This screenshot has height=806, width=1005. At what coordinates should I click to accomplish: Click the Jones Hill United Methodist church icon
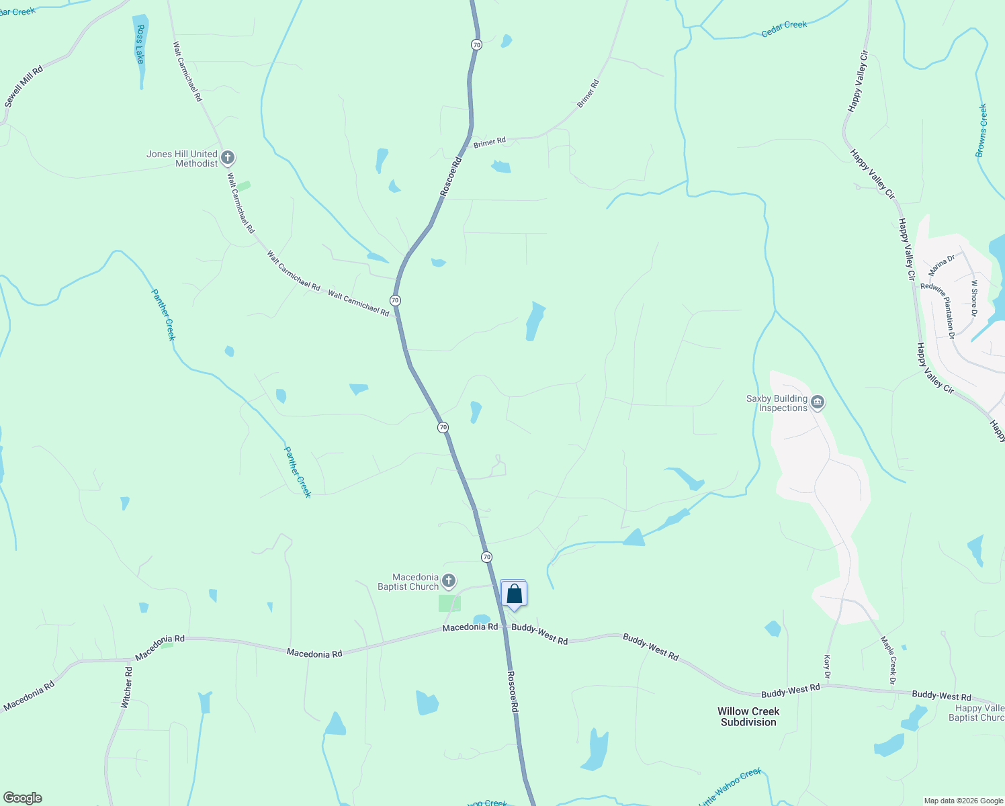click(228, 159)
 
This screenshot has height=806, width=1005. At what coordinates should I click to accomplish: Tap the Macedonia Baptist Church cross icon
click(449, 581)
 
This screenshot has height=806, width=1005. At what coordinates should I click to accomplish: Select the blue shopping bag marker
click(514, 594)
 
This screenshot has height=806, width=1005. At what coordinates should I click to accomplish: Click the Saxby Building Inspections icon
click(818, 403)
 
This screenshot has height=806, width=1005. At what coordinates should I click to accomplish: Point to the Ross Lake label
click(140, 44)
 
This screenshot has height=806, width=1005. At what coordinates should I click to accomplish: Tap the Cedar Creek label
click(784, 28)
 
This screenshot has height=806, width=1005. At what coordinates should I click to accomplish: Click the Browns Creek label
click(981, 131)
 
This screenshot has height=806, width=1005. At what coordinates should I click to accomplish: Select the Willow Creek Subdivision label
click(748, 717)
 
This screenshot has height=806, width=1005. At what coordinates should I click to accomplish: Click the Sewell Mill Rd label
click(24, 87)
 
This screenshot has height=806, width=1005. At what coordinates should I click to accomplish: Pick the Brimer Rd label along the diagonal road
click(588, 94)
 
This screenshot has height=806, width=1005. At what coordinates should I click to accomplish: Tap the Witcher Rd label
click(126, 687)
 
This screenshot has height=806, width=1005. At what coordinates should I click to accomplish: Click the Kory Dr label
click(827, 666)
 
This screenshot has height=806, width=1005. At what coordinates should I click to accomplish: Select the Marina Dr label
click(941, 265)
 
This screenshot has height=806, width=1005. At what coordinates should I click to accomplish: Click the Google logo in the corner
click(22, 798)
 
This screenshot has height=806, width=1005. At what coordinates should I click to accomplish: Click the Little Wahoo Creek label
click(730, 787)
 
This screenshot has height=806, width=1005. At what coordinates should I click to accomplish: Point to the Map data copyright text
click(963, 801)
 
